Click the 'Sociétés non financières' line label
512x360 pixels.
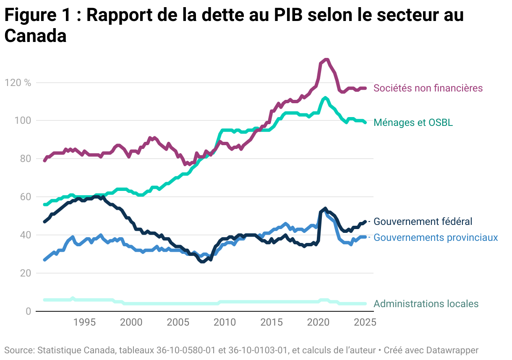(x=428, y=88)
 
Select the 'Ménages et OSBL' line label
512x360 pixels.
(x=413, y=123)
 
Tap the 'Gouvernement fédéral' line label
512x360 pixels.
(x=423, y=221)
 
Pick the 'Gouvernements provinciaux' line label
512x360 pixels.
(x=435, y=237)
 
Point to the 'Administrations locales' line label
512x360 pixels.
(x=426, y=304)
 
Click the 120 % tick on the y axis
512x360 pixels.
(x=18, y=83)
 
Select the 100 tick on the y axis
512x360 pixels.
(x=24, y=121)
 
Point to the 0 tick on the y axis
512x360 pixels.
(x=28, y=311)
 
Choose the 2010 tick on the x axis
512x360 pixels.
(x=225, y=322)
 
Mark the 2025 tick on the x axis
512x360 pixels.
(x=365, y=322)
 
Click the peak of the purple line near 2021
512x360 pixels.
(x=326, y=60)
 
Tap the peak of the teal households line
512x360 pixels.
(x=325, y=98)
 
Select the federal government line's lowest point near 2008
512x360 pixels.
(x=203, y=262)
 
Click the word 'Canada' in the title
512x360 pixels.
(x=35, y=36)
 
